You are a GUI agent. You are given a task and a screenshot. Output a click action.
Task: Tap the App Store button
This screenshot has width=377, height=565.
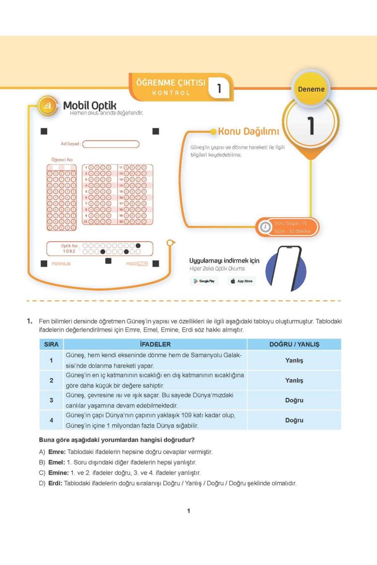click(241, 281)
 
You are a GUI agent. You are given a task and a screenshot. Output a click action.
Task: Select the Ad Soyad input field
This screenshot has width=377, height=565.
click(111, 144)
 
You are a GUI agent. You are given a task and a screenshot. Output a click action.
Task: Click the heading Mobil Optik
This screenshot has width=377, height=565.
click(89, 105)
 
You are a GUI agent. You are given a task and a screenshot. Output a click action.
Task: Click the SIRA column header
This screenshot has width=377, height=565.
click(52, 344)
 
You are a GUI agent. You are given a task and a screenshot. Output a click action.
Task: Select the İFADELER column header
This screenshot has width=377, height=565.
click(155, 344)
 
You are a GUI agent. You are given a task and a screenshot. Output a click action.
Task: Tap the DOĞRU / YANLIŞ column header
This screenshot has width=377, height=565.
click(294, 344)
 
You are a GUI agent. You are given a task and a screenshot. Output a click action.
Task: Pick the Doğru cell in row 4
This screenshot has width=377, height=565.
click(294, 420)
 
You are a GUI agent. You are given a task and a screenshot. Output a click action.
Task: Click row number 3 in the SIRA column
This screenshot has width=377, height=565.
click(52, 400)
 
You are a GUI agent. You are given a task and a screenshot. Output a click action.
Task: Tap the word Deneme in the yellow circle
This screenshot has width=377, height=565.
click(311, 89)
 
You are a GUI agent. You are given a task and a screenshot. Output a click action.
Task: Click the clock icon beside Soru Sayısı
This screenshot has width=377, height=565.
click(263, 227)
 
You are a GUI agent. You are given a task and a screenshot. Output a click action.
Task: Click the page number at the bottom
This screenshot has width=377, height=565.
click(188, 511)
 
